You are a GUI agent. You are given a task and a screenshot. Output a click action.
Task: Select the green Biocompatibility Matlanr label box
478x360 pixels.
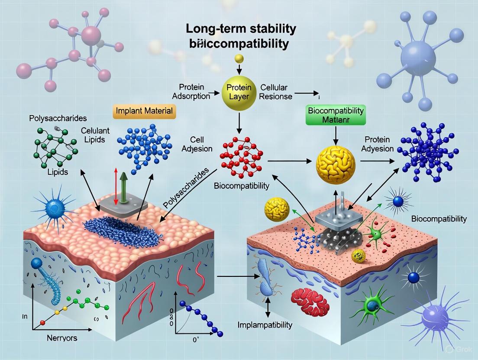tap(336, 114)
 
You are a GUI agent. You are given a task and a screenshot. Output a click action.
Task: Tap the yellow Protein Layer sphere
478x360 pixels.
tap(239, 92)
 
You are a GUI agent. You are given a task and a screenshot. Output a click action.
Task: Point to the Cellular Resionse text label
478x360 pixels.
tap(276, 92)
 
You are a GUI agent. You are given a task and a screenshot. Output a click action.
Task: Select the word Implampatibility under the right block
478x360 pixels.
tap(265, 325)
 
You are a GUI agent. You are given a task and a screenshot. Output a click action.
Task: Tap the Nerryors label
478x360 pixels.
tap(61, 338)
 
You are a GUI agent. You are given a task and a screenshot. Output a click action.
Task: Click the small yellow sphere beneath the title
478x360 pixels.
tap(239, 59)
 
